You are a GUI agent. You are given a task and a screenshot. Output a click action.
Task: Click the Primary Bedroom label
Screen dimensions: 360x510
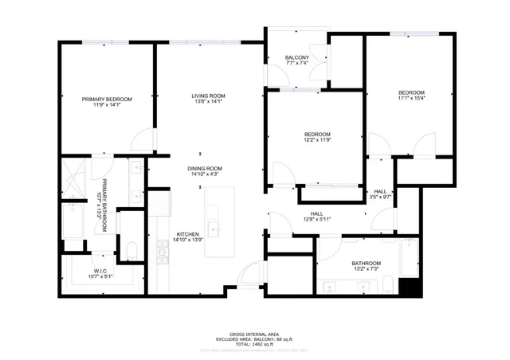click(108, 99)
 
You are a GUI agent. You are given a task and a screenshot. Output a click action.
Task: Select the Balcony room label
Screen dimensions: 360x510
click(298, 58)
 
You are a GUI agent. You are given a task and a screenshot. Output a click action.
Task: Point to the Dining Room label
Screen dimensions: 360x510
click(204, 168)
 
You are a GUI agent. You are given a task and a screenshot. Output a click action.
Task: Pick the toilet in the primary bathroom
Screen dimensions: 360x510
click(131, 253)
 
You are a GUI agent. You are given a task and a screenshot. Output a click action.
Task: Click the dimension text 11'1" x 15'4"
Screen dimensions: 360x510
click(412, 99)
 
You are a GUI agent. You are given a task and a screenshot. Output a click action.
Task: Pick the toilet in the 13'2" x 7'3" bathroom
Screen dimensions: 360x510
click(384, 284)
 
